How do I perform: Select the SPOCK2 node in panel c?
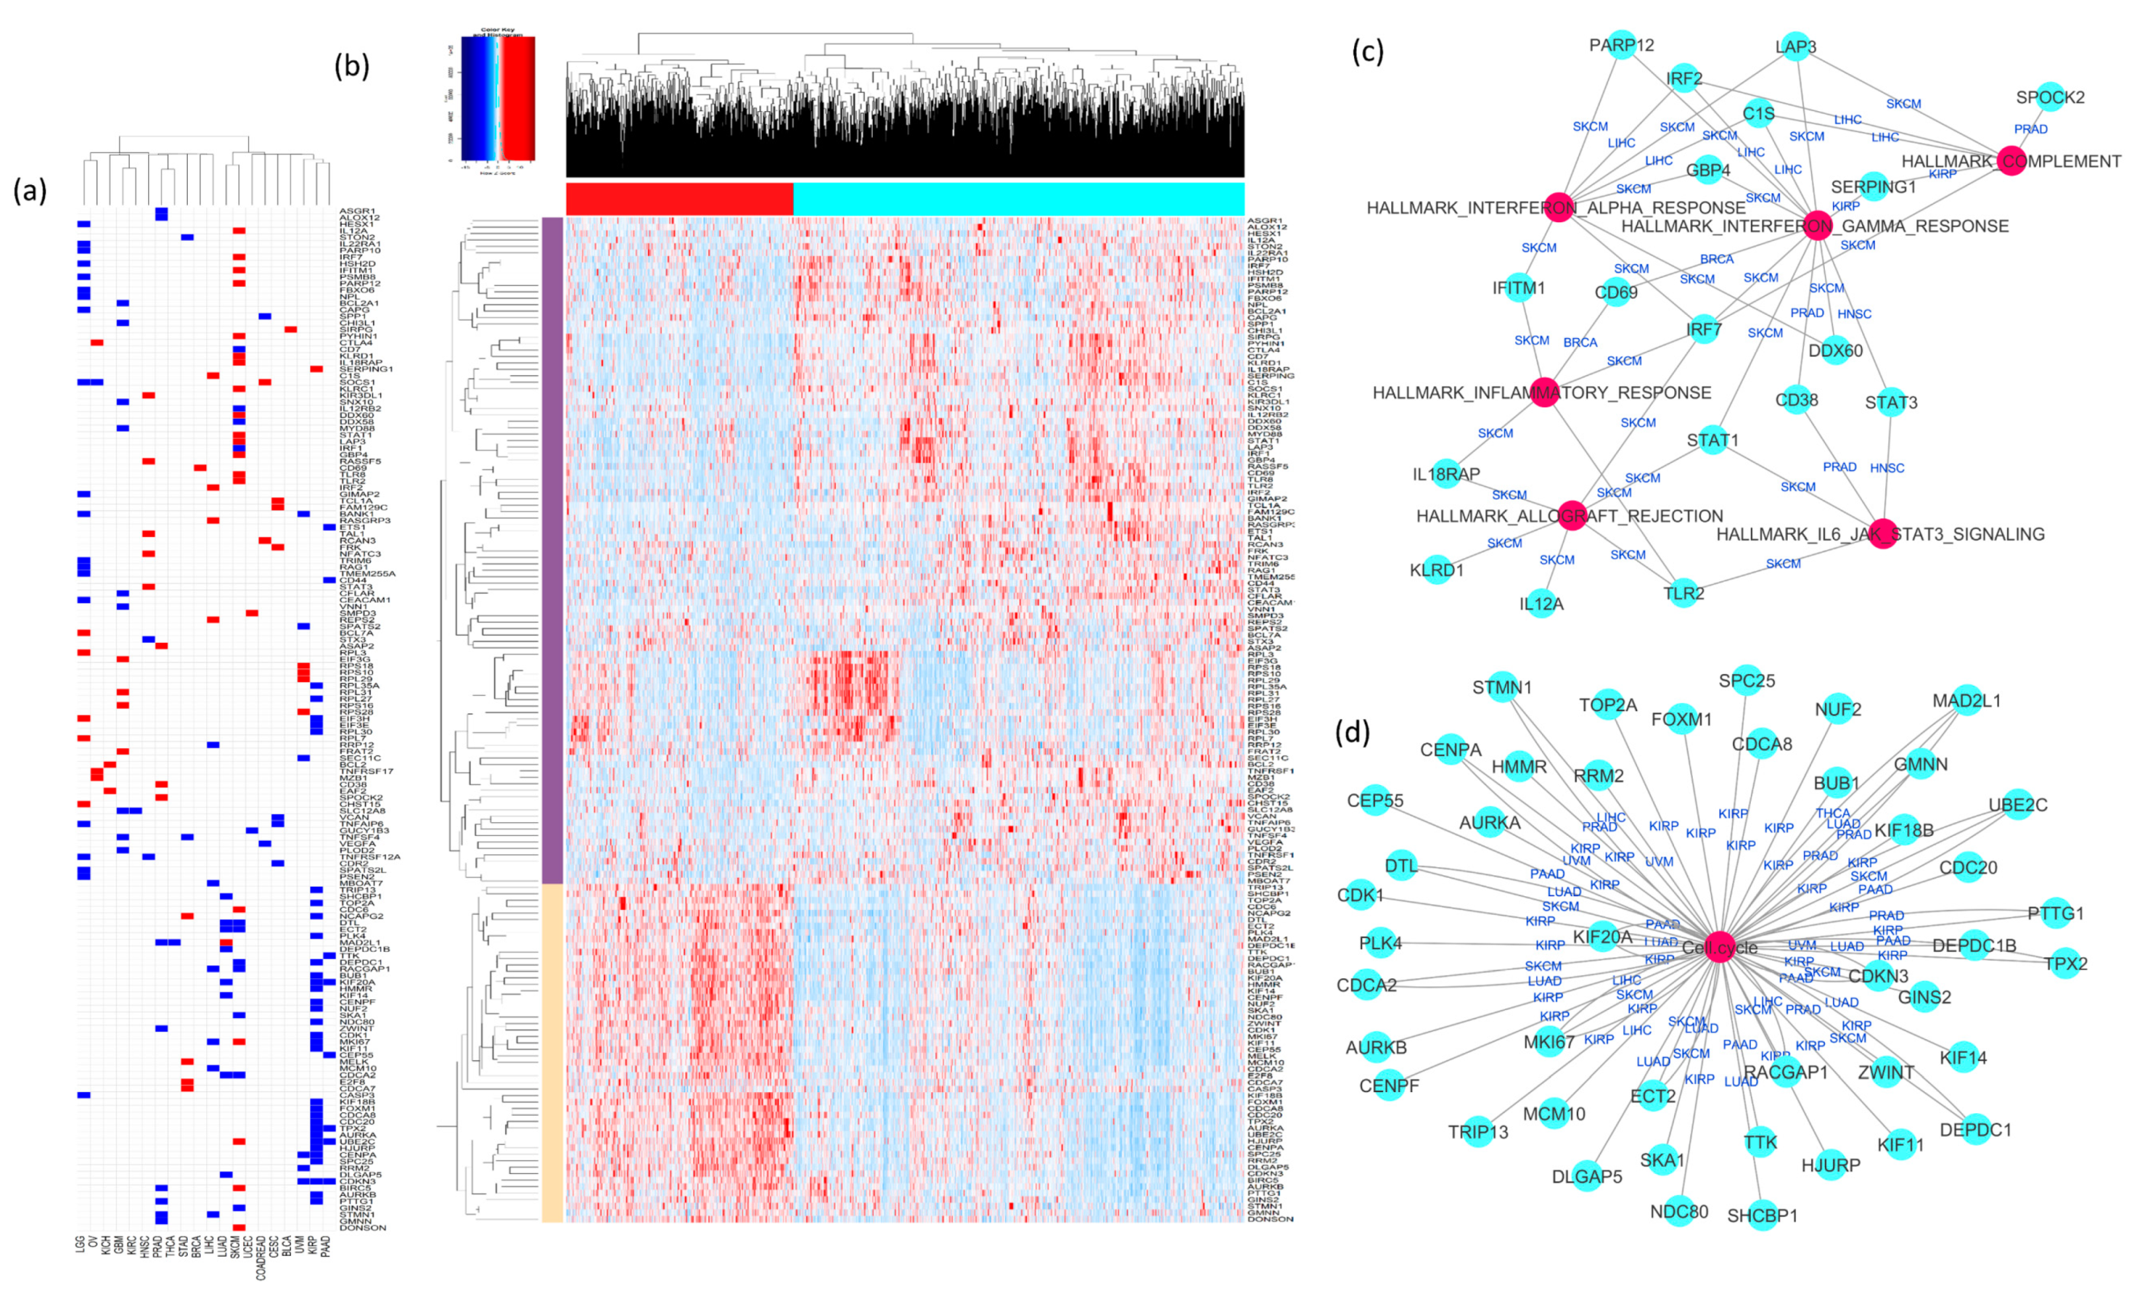(x=2050, y=97)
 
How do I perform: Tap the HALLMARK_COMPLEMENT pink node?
(x=2010, y=161)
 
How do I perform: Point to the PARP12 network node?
(x=1622, y=44)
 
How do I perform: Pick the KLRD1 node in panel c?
(x=1437, y=570)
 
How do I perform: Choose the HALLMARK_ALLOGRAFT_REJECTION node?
(x=1572, y=515)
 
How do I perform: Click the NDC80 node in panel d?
(x=1680, y=1211)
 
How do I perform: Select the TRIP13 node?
(x=1478, y=1132)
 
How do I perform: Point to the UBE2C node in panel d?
(x=2017, y=805)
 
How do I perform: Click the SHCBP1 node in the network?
(x=1762, y=1216)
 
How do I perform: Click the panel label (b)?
(x=352, y=67)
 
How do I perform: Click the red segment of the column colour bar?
(x=679, y=198)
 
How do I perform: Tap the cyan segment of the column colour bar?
(x=1018, y=198)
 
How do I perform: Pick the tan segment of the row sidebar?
(x=553, y=1053)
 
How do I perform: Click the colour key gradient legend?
(x=498, y=98)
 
